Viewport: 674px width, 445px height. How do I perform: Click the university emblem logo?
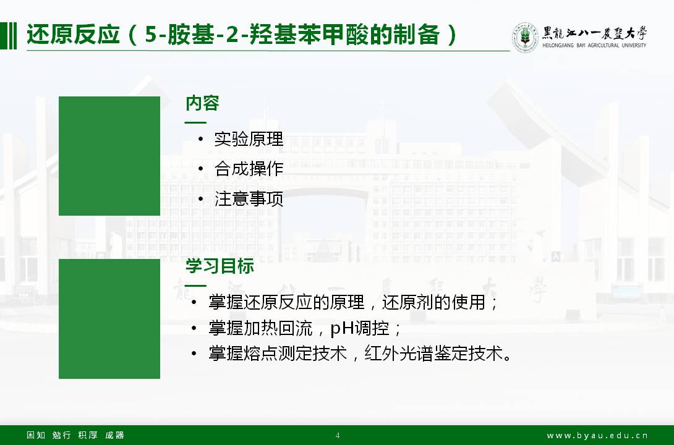click(x=525, y=37)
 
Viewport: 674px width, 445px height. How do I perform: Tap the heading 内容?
click(x=202, y=103)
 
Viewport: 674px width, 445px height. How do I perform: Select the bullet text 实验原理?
click(x=249, y=138)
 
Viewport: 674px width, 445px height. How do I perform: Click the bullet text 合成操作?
click(x=249, y=168)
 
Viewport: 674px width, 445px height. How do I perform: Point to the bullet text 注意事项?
click(x=249, y=199)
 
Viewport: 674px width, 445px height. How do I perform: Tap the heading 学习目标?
click(x=220, y=266)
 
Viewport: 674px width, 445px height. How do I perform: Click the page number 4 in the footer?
click(x=338, y=435)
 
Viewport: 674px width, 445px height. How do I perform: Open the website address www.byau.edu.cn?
click(x=597, y=436)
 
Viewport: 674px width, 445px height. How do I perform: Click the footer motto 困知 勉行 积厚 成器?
click(x=75, y=435)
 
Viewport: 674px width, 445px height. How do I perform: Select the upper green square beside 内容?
click(x=109, y=156)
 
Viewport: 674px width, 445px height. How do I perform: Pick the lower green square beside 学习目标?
click(x=109, y=319)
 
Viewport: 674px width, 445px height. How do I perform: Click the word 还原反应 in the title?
click(x=73, y=35)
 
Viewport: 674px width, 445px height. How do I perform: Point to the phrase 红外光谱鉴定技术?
click(x=433, y=354)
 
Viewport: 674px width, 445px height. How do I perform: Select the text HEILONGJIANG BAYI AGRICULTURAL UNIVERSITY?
click(x=594, y=45)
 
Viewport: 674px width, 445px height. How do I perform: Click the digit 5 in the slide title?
click(x=151, y=35)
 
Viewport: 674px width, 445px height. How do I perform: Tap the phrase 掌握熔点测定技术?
click(x=278, y=354)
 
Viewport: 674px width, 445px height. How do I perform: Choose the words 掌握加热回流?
click(x=260, y=328)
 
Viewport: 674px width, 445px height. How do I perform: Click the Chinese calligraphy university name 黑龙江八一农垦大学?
click(x=594, y=33)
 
